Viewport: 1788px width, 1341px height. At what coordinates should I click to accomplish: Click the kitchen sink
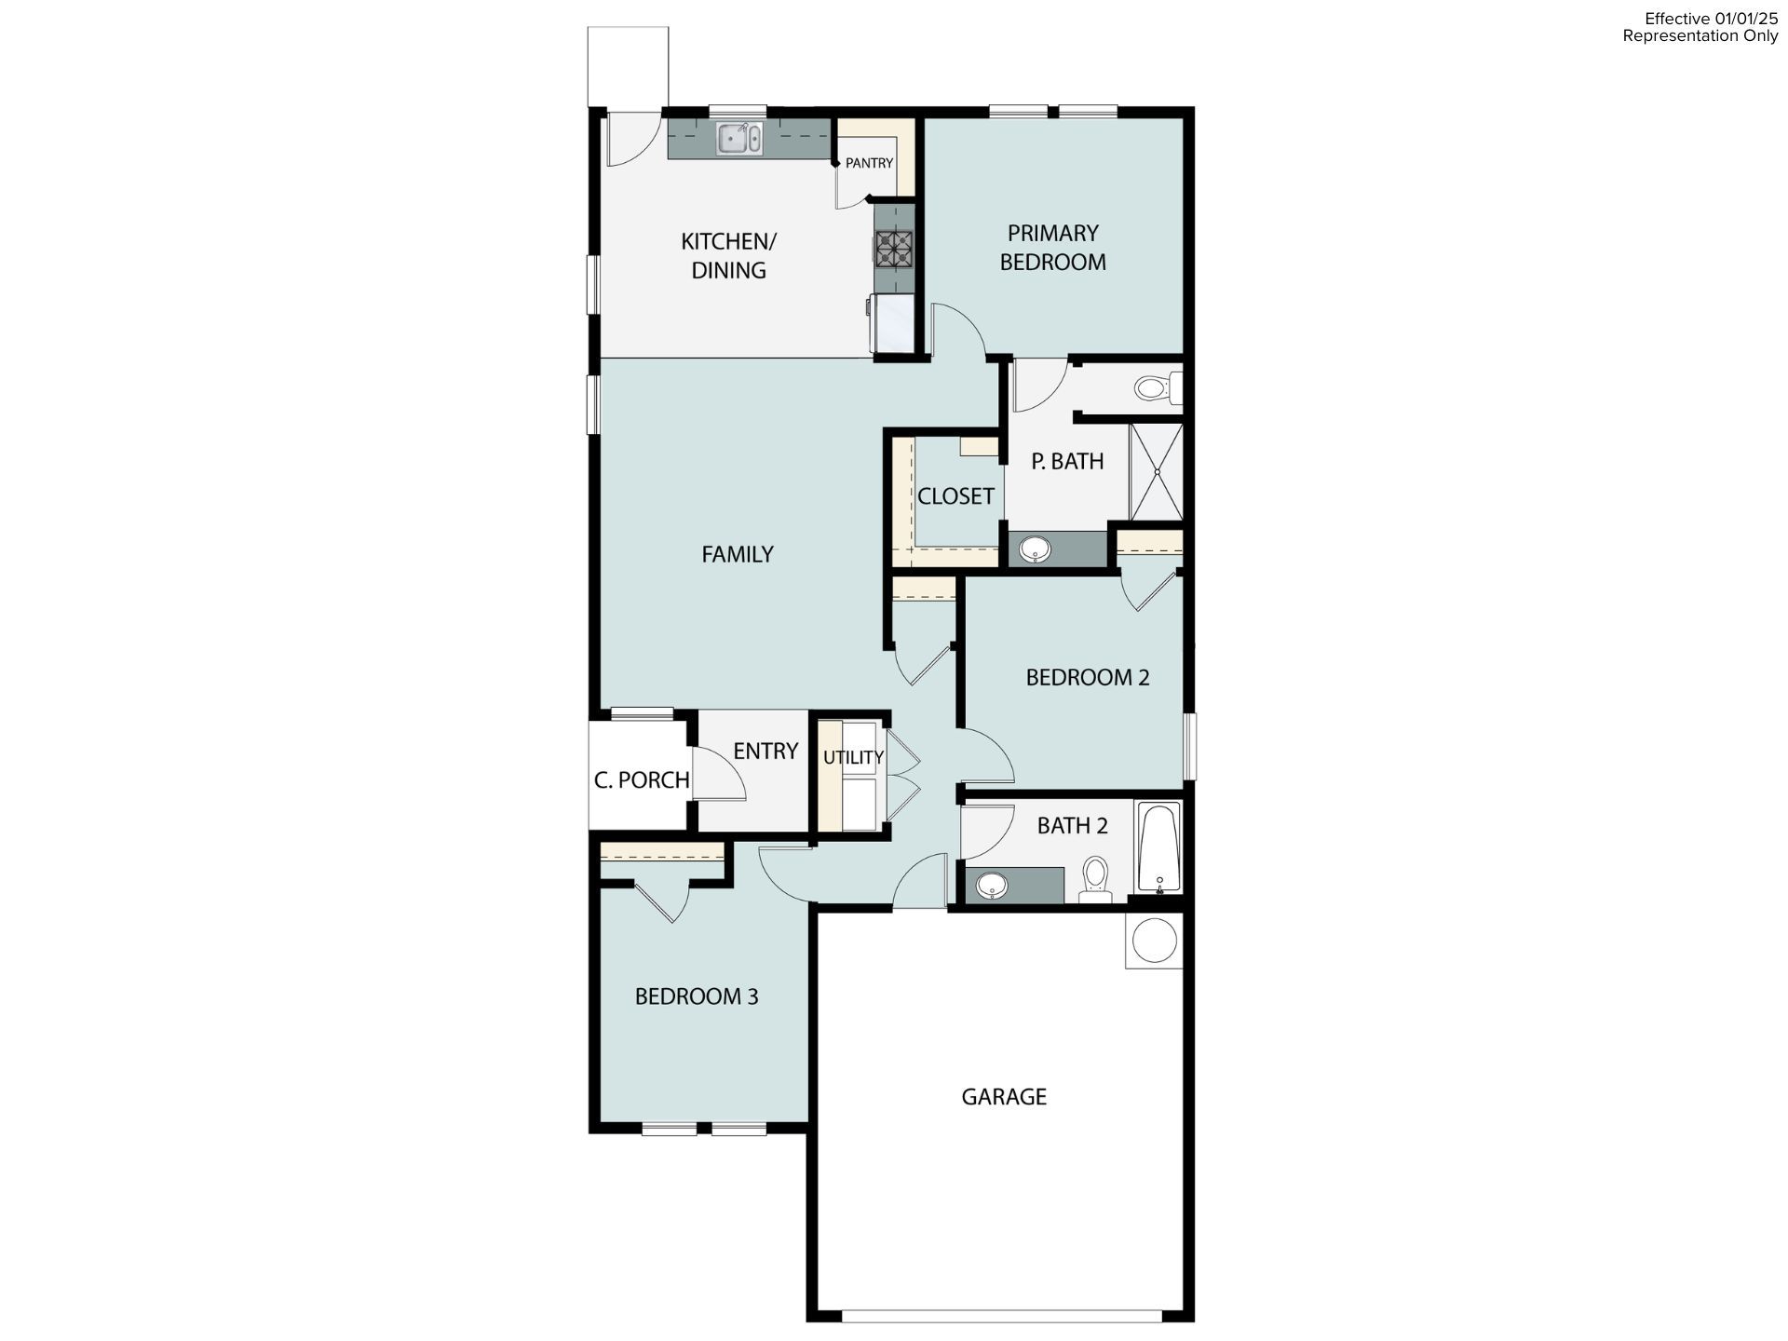pyautogui.click(x=739, y=140)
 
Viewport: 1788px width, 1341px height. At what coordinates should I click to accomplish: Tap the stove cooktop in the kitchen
pyautogui.click(x=894, y=250)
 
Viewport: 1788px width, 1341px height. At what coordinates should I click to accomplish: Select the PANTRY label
pyautogui.click(x=869, y=163)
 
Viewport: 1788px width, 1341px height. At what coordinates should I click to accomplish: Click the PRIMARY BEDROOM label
pyautogui.click(x=1052, y=248)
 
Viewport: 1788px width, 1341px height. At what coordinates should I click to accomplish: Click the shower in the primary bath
pyautogui.click(x=1156, y=471)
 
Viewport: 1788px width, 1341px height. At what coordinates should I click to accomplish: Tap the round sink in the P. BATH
pyautogui.click(x=1034, y=549)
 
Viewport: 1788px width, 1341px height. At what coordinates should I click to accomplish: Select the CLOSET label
pyautogui.click(x=955, y=496)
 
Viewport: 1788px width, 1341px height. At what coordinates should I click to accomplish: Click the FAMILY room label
pyautogui.click(x=737, y=554)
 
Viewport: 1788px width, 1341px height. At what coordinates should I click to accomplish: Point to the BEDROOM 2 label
pyautogui.click(x=1087, y=677)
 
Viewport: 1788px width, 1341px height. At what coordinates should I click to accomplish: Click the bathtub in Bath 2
pyautogui.click(x=1158, y=847)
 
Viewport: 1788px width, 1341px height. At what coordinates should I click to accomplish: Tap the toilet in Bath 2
pyautogui.click(x=1095, y=878)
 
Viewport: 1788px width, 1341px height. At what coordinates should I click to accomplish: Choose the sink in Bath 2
pyautogui.click(x=992, y=885)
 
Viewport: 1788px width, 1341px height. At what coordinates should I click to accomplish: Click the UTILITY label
pyautogui.click(x=853, y=757)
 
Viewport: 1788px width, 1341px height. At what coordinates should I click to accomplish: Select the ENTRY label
pyautogui.click(x=765, y=751)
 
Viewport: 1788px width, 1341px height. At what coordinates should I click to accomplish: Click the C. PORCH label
pyautogui.click(x=642, y=779)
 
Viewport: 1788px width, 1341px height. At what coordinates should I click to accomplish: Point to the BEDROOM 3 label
pyautogui.click(x=697, y=996)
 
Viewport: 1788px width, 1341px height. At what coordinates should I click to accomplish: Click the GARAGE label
pyautogui.click(x=1004, y=1096)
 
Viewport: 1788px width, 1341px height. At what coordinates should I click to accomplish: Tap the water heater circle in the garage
pyautogui.click(x=1154, y=941)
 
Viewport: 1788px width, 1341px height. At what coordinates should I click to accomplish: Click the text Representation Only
pyautogui.click(x=1700, y=36)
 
